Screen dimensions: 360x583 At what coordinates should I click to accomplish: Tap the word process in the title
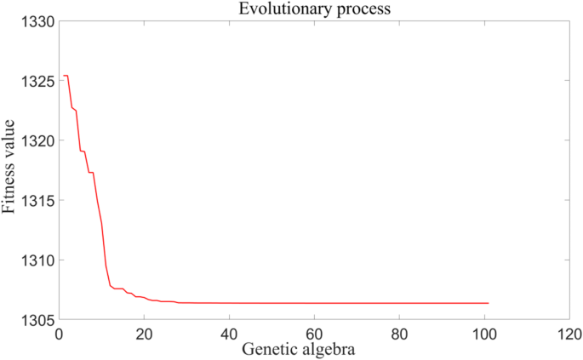tap(351, 11)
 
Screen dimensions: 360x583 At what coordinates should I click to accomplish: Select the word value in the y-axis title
tap(9, 140)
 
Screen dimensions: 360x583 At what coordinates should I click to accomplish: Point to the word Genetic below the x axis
tap(271, 350)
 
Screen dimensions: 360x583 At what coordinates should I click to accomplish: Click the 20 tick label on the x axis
tap(144, 334)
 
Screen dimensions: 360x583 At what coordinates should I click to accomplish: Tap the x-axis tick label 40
tap(229, 334)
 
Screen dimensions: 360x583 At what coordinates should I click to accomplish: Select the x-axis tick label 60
tap(314, 334)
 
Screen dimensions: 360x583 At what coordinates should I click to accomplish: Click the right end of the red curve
tap(489, 303)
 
